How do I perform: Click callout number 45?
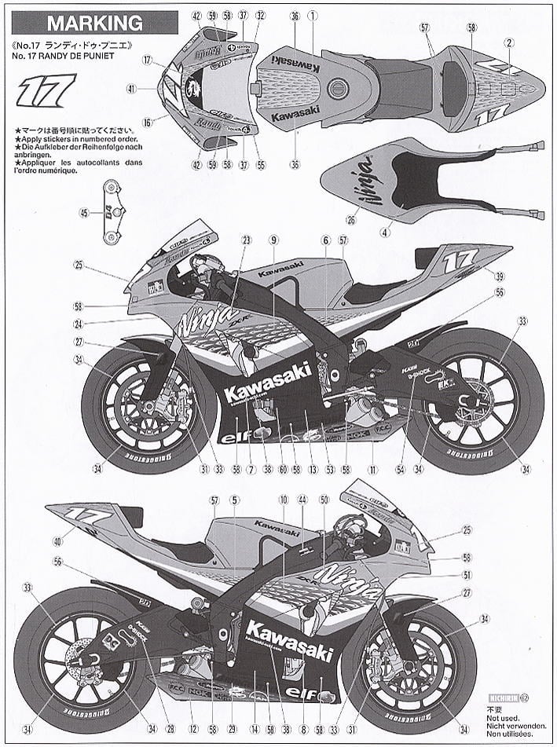pyautogui.click(x=85, y=212)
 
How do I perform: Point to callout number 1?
pyautogui.click(x=312, y=15)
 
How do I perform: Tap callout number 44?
pyautogui.click(x=302, y=500)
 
